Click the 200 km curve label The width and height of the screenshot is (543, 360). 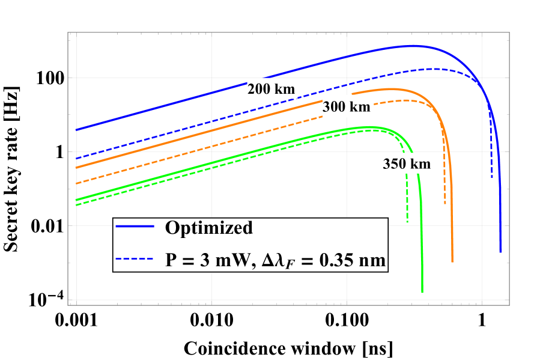(271, 90)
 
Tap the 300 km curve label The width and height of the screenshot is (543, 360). (347, 108)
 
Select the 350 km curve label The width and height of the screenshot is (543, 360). (407, 163)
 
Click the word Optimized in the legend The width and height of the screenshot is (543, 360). (208, 228)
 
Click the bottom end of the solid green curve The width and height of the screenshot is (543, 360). (422, 292)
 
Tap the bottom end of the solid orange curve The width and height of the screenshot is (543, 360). (452, 261)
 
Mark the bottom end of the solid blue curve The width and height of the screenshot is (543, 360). (500, 252)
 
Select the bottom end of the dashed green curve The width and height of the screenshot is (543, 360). (407, 223)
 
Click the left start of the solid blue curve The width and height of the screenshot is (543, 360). (77, 130)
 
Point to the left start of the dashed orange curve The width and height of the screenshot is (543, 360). (77, 183)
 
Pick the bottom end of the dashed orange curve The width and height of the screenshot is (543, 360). (445, 204)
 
